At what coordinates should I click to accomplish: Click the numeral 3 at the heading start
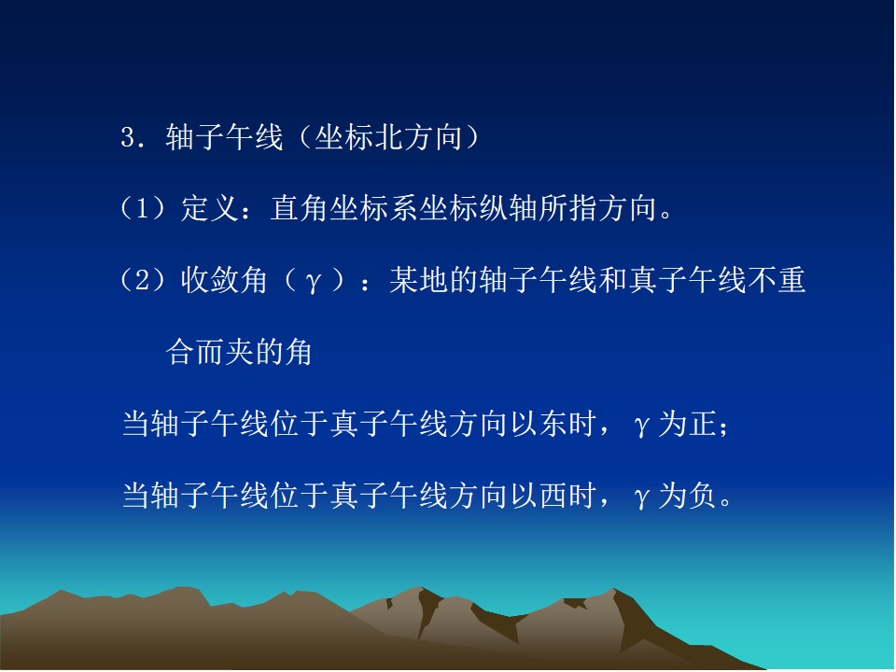pyautogui.click(x=128, y=138)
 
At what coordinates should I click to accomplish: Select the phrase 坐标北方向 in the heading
pyautogui.click(x=389, y=138)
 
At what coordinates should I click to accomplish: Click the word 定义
pyautogui.click(x=210, y=208)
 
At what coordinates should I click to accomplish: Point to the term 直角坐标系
pyautogui.click(x=344, y=208)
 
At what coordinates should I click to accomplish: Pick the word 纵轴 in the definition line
pyautogui.click(x=508, y=208)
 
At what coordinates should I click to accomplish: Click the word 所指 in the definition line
pyautogui.click(x=567, y=208)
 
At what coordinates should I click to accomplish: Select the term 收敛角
pyautogui.click(x=225, y=280)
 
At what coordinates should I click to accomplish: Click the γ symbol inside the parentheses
pyautogui.click(x=313, y=281)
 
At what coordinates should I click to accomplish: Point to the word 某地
pyautogui.click(x=419, y=280)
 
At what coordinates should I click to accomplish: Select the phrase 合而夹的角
pyautogui.click(x=240, y=352)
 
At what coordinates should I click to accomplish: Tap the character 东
pyautogui.click(x=553, y=424)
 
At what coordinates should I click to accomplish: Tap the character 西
pyautogui.click(x=553, y=496)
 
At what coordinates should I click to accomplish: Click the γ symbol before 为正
pyautogui.click(x=642, y=426)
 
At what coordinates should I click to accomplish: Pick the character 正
pyautogui.click(x=702, y=424)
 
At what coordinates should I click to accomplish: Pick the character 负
pyautogui.click(x=702, y=496)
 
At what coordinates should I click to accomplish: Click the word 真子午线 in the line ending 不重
pyautogui.click(x=688, y=280)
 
